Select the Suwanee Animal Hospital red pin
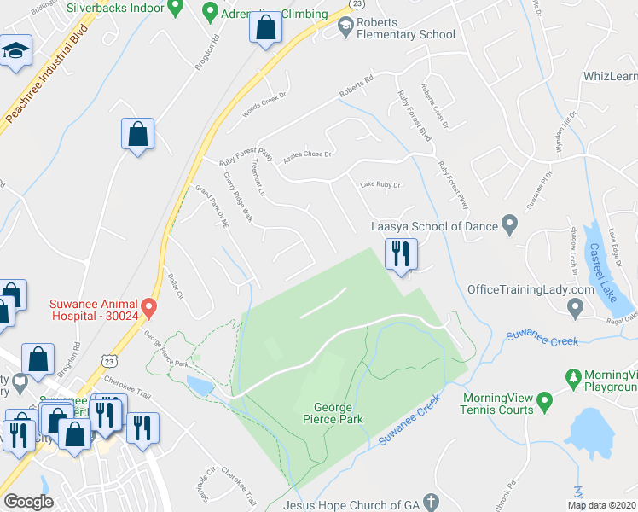149,305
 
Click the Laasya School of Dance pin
510,226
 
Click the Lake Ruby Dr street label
380,184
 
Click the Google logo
29,502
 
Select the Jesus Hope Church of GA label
354,503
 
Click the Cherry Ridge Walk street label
239,198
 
